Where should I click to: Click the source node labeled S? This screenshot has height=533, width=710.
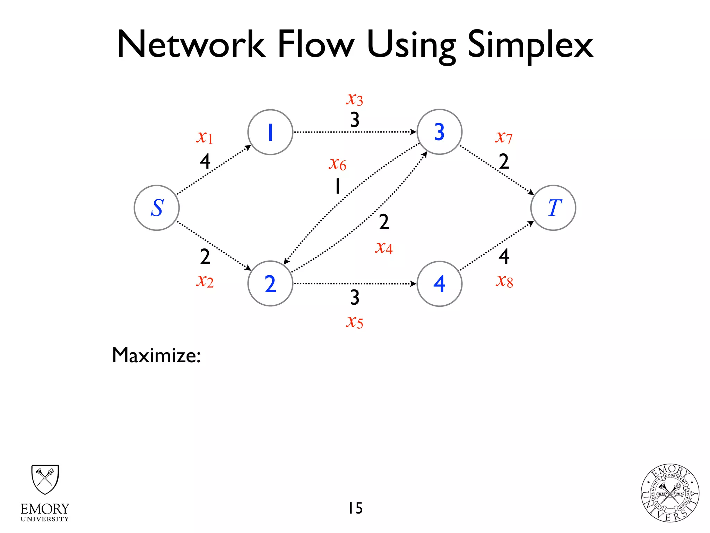157,208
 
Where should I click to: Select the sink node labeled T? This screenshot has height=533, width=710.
553,208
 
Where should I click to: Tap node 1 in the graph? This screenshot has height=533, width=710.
270,132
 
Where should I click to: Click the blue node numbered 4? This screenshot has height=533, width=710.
439,284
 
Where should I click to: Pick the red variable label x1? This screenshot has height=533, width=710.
205,137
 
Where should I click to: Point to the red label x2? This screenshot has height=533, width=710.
205,281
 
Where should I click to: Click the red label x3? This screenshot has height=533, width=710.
354,99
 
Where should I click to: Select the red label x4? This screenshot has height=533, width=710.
384,248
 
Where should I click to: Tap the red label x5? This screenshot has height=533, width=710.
354,322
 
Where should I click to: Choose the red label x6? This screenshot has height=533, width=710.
337,163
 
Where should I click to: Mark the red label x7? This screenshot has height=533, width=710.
504,137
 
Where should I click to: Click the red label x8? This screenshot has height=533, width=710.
504,281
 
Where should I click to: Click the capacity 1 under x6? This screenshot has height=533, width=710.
337,186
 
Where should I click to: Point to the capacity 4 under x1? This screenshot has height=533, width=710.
205,161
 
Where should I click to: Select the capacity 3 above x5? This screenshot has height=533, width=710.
354,297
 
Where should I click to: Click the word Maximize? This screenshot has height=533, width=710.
156,355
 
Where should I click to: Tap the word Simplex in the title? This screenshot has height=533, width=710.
530,45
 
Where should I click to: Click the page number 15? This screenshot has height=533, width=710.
355,508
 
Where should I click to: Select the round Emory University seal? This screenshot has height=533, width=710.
670,493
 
